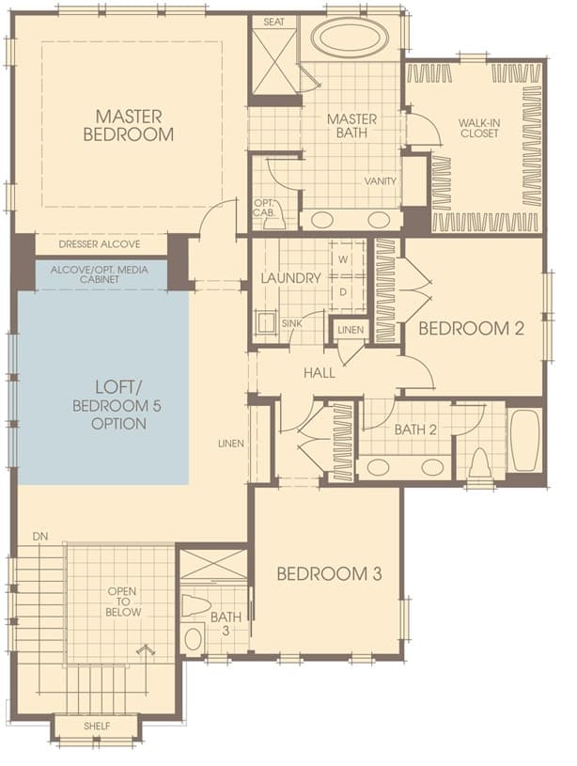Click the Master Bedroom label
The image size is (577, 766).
pyautogui.click(x=129, y=126)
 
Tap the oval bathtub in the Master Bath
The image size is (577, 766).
pyautogui.click(x=351, y=38)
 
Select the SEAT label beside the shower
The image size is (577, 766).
pyautogui.click(x=273, y=22)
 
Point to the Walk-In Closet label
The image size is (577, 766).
pyautogui.click(x=479, y=128)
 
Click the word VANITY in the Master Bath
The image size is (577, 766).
pyautogui.click(x=380, y=181)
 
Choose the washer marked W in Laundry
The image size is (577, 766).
pyautogui.click(x=343, y=259)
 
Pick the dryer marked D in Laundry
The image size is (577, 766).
pyautogui.click(x=343, y=292)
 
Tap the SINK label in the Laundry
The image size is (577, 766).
pyautogui.click(x=291, y=323)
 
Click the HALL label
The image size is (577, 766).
pyautogui.click(x=320, y=373)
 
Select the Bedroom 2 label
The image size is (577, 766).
pyautogui.click(x=472, y=328)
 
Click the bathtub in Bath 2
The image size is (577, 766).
pyautogui.click(x=524, y=440)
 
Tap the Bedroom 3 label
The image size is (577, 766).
pyautogui.click(x=329, y=573)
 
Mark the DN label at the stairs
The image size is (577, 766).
pyautogui.click(x=40, y=537)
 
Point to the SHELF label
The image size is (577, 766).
pyautogui.click(x=97, y=727)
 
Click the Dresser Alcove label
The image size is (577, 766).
pyautogui.click(x=100, y=244)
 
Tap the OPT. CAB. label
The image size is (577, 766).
pyautogui.click(x=265, y=208)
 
